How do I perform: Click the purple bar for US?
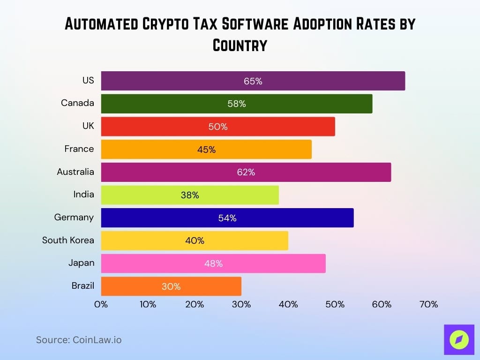click(253, 81)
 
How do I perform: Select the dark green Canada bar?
click(237, 104)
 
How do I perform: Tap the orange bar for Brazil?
click(171, 286)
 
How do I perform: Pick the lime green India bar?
click(190, 195)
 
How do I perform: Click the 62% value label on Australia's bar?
click(246, 172)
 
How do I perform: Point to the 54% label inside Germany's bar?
click(227, 218)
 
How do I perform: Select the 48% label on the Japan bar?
click(213, 263)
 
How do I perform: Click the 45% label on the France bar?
click(206, 150)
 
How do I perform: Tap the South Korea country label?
click(68, 240)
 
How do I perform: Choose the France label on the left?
click(79, 149)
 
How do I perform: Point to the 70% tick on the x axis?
click(428, 304)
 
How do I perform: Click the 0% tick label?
click(101, 304)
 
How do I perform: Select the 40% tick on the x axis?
click(288, 304)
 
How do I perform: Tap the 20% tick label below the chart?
click(195, 304)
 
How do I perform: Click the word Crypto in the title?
click(181, 24)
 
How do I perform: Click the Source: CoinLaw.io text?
click(79, 340)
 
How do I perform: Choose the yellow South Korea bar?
click(195, 240)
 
